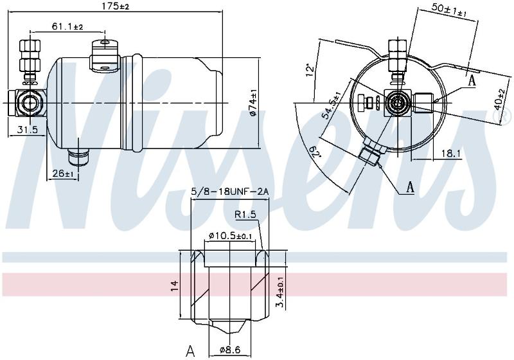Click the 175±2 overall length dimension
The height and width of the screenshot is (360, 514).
coord(116,6)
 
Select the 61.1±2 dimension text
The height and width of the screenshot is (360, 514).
coord(67,26)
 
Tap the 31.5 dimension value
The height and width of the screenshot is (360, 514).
coord(27,130)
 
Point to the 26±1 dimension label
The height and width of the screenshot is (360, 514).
coord(63,173)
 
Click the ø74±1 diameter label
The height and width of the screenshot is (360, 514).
coord(253,103)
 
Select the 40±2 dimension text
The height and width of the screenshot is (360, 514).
coord(500,100)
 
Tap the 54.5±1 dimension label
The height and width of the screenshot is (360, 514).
coord(332,107)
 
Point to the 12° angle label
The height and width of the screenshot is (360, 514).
coord(310,70)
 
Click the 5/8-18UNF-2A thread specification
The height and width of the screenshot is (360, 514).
coord(230,192)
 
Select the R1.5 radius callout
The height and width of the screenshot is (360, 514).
coord(245,215)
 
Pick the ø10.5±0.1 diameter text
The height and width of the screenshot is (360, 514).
coord(231,235)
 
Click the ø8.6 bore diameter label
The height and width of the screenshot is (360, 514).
coord(230,350)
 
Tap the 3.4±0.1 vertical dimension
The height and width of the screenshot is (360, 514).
coord(280,291)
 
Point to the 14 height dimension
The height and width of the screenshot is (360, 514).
coord(175,285)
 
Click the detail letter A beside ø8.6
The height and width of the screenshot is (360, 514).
coord(190,352)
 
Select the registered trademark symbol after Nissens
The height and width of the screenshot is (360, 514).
coord(506,115)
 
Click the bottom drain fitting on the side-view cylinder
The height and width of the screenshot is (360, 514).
coord(78,156)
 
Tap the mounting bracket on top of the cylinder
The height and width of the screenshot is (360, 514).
coord(104,57)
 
